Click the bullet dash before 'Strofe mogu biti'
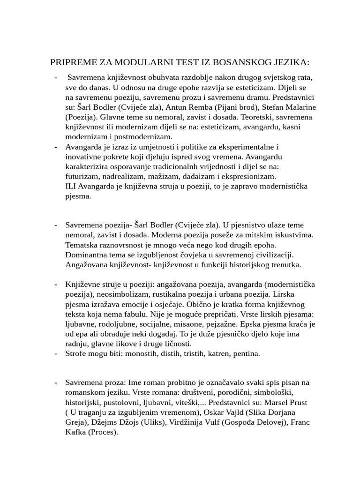[x=56, y=353]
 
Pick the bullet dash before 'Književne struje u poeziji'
[x=56, y=284]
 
